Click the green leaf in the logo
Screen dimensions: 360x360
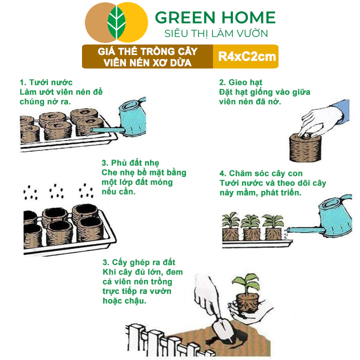pyautogui.click(x=116, y=22)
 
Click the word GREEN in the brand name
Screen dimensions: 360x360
pyautogui.click(x=185, y=17)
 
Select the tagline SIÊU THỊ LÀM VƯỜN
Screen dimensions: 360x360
pyautogui.click(x=216, y=33)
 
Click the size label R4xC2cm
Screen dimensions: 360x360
pyautogui.click(x=247, y=56)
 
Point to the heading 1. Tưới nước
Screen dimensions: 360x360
pyautogui.click(x=46, y=82)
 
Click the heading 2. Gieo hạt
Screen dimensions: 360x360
pyautogui.click(x=240, y=82)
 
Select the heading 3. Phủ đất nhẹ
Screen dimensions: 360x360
pyautogui.click(x=130, y=163)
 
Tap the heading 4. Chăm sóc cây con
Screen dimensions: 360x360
pyautogui.click(x=261, y=173)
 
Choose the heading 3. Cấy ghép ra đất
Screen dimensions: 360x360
pyautogui.click(x=139, y=262)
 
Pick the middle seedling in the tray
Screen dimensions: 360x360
pyautogui.click(x=251, y=227)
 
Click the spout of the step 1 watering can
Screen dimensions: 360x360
pyautogui.click(x=107, y=130)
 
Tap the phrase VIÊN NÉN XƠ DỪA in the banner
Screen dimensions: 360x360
pyautogui.click(x=147, y=62)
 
